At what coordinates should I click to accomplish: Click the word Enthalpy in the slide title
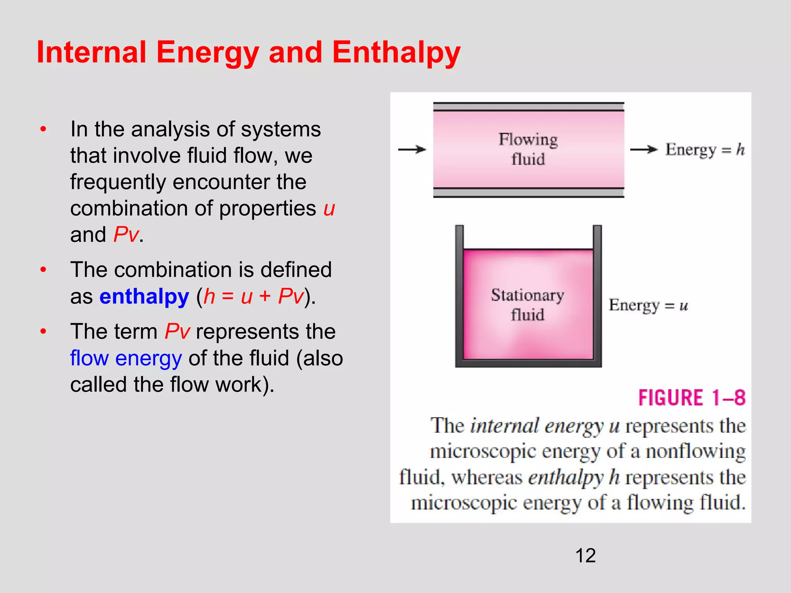[x=396, y=53]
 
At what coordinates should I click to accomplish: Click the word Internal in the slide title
[x=92, y=53]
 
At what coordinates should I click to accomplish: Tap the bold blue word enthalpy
[x=144, y=296]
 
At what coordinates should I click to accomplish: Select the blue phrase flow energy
[x=126, y=358]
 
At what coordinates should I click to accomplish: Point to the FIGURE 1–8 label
[x=691, y=398]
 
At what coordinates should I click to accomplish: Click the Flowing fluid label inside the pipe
[x=528, y=149]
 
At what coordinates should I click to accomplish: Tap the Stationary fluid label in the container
[x=528, y=305]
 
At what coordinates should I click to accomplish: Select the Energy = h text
[x=704, y=149]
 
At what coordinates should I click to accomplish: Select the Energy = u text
[x=648, y=305]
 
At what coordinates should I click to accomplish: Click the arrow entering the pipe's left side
[x=412, y=149]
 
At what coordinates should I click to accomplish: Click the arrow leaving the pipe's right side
[x=643, y=149]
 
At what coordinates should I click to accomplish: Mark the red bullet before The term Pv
[x=43, y=331]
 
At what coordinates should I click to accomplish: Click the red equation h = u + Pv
[x=253, y=296]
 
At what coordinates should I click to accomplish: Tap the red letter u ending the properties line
[x=329, y=209]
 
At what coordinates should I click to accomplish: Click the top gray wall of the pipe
[x=528, y=107]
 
